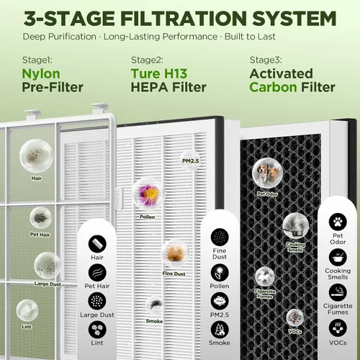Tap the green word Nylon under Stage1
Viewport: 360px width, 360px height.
coord(41,74)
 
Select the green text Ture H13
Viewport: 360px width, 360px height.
coord(159,73)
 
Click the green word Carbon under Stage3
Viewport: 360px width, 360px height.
coord(273,87)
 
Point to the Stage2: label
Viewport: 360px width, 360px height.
coord(147,60)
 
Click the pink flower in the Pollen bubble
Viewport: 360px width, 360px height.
coord(149,193)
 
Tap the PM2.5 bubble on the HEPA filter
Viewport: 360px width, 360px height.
coord(191,161)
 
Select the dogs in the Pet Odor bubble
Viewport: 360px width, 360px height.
coord(267,173)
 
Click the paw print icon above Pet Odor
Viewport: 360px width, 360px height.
coord(338,222)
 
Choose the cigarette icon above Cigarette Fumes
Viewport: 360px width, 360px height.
coord(338,292)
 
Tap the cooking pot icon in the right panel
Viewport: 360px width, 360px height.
coord(338,257)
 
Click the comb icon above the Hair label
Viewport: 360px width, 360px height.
coord(97,244)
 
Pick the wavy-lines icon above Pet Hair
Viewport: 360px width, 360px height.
coord(97,273)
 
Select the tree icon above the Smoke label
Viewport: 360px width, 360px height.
coord(220,330)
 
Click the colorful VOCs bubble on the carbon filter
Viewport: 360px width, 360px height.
coord(295,318)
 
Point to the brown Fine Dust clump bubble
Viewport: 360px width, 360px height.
coord(175,253)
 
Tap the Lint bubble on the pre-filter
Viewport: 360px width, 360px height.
coord(27,310)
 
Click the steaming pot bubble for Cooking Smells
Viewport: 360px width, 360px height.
coord(295,226)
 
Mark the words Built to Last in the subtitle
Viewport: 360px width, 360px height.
coord(250,37)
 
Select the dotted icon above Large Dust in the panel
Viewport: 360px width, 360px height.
coord(97,301)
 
